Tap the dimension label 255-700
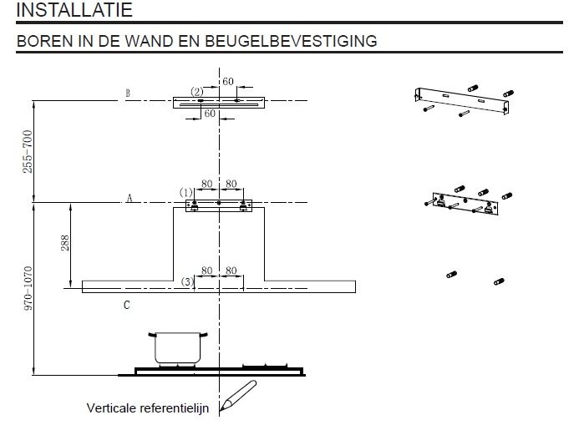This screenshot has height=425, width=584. point(28,151)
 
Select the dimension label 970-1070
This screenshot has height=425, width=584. point(28,288)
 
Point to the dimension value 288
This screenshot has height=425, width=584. point(65,243)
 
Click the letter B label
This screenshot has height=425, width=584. point(128,94)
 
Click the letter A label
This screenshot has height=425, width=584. point(129,198)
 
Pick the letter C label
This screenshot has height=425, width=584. point(126,306)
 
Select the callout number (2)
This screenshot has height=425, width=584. point(196,91)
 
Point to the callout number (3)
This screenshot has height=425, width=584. point(188,282)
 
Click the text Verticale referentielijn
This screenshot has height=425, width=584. point(149,408)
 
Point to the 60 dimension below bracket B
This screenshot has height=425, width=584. point(211,113)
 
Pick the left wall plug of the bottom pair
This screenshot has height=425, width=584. point(452,274)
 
